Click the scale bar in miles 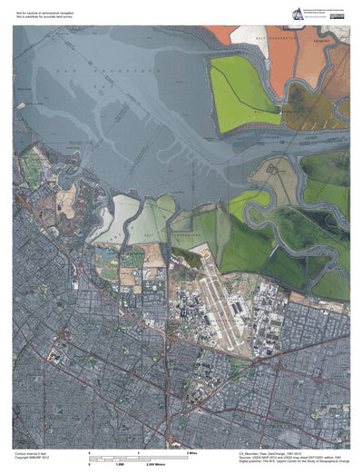(x=137, y=456)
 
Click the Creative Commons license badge (x=337, y=16)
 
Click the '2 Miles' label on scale (x=192, y=451)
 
